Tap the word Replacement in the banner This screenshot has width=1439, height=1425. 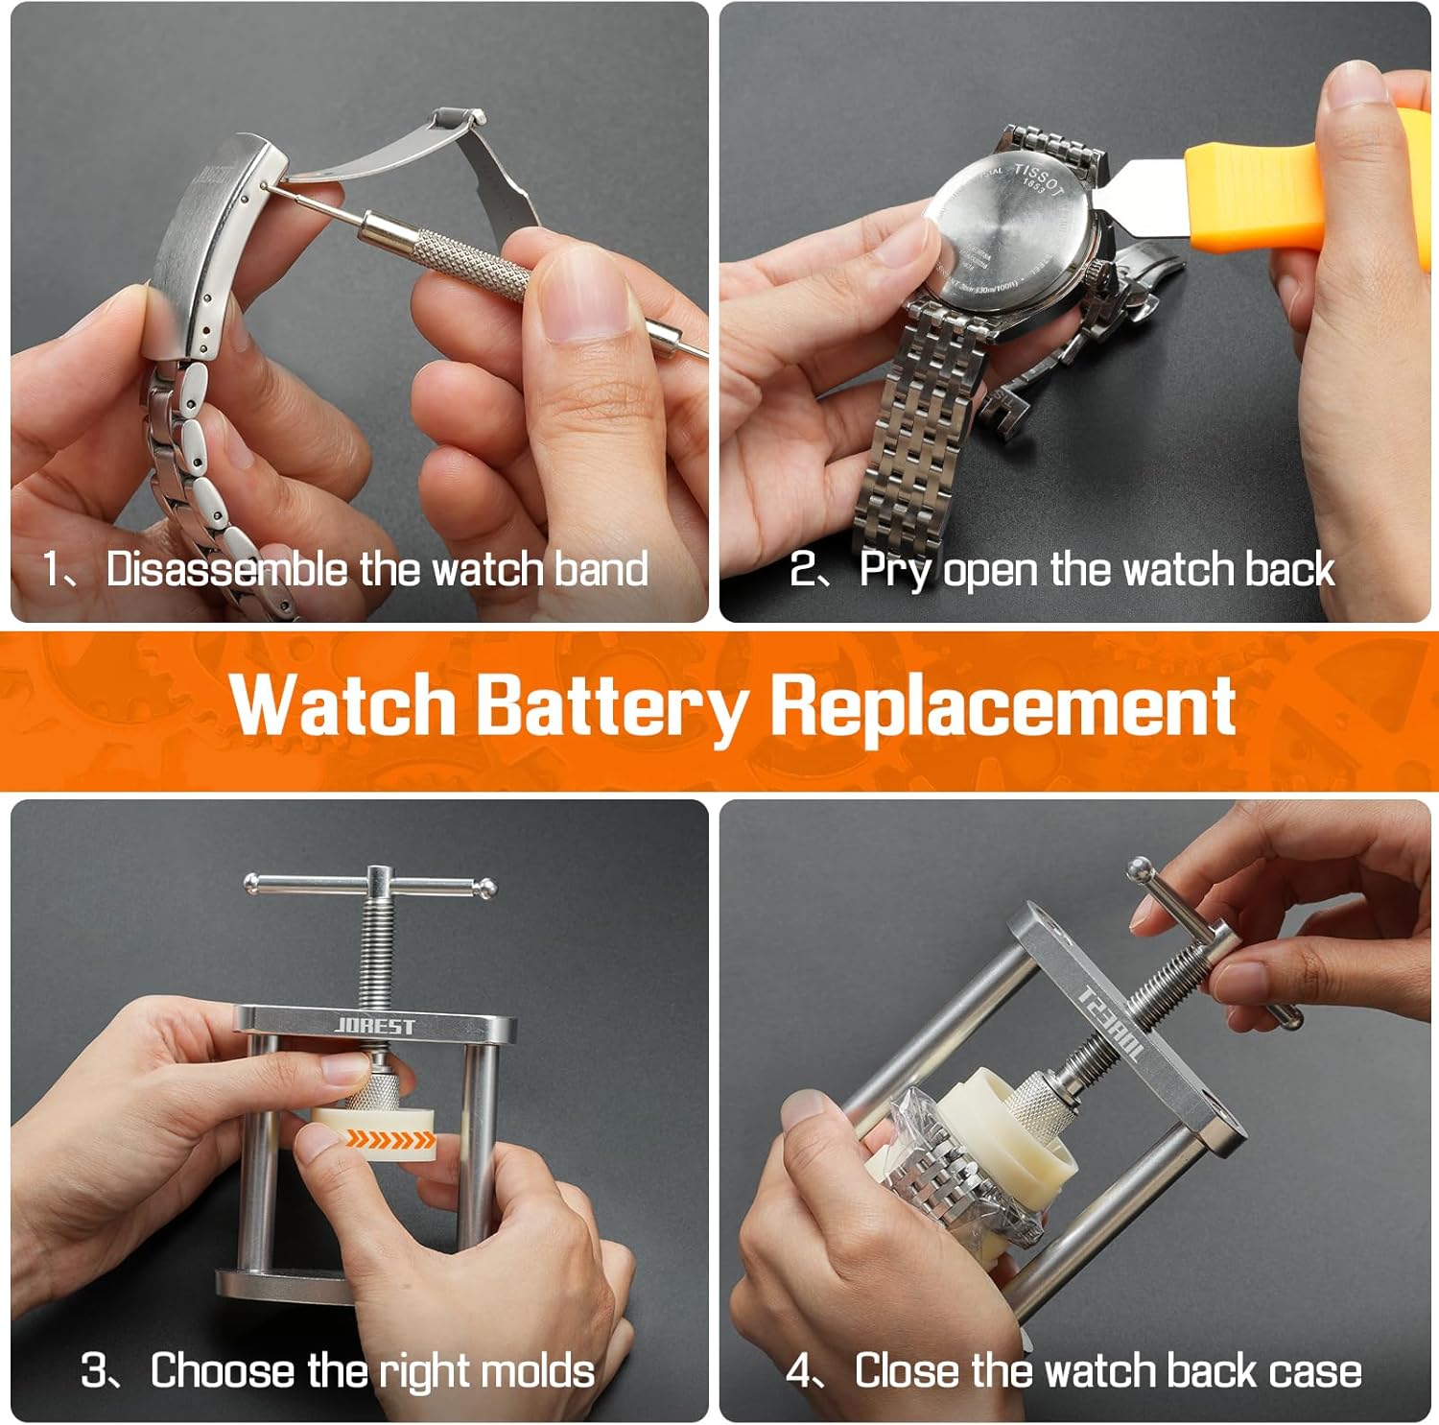pyautogui.click(x=1003, y=707)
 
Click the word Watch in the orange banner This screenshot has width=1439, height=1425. pyautogui.click(x=342, y=707)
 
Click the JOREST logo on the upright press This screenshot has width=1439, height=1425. pyautogui.click(x=375, y=1026)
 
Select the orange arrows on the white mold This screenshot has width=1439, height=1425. pyautogui.click(x=389, y=1139)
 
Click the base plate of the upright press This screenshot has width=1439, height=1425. pyautogui.click(x=288, y=1286)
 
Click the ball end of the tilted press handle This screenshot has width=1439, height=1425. pyautogui.click(x=1139, y=869)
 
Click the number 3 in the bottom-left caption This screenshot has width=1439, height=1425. pyautogui.click(x=95, y=1370)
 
